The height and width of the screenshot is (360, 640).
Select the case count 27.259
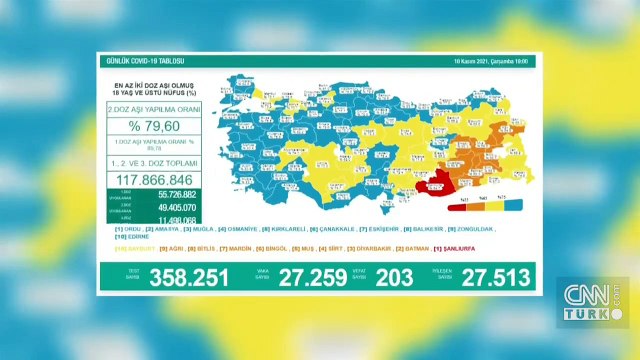305,277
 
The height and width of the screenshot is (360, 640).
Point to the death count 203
394,277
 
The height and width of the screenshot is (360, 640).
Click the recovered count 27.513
493,277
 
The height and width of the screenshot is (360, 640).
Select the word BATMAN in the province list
418,247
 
